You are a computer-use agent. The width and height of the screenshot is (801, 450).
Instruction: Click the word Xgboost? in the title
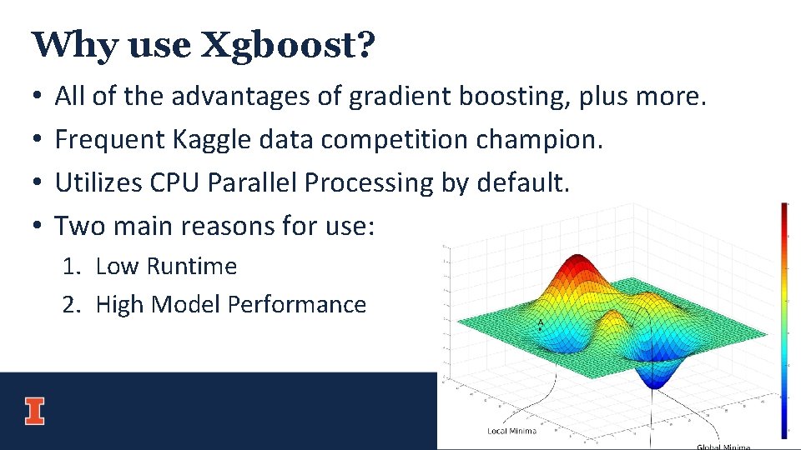[289, 45]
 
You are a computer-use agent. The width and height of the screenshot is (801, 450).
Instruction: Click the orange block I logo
[34, 411]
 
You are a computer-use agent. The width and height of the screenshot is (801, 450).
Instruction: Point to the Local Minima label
[511, 431]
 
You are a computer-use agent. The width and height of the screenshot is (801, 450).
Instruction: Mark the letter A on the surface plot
[541, 322]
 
